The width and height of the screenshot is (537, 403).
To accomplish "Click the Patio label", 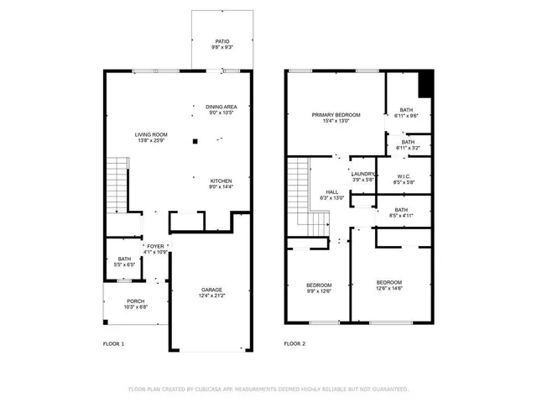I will pos(222,44).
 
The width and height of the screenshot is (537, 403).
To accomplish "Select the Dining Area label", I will pos(222,110).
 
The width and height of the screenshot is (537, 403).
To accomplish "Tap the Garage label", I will pos(211,293).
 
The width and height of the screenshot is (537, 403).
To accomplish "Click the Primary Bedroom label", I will pos(336,118).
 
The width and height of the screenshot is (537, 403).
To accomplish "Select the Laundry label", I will pos(362,177).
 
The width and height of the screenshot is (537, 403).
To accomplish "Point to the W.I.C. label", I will pos(404,179).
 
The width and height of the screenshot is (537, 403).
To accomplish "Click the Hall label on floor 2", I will pos(332,195).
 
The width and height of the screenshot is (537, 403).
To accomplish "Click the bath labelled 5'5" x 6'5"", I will pos(124,262).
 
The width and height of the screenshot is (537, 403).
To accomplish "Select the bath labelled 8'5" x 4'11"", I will pos(401,213).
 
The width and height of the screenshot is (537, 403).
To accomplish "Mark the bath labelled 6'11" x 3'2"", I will pos(407,145).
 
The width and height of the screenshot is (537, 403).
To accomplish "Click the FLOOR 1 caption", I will pos(113,344).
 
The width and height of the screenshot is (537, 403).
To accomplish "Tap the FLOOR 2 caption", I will pos(294,344).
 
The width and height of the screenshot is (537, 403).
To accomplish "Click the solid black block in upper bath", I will pos(425,84).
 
